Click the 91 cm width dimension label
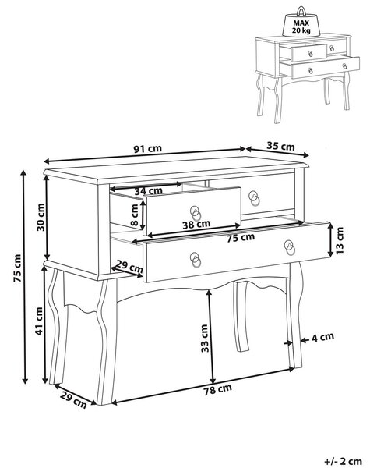tap(147, 148)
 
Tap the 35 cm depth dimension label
tap(280, 146)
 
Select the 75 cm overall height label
tap(17, 268)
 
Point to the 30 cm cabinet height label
tap(41, 217)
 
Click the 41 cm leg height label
tap(40, 321)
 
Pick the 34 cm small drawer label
tap(148, 191)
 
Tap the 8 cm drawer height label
tap(134, 215)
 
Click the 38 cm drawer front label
tap(196, 225)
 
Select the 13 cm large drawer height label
tap(340, 240)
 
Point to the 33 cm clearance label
tap(205, 339)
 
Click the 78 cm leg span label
tap(217, 390)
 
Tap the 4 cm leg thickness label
tap(322, 337)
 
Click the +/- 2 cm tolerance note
tap(343, 461)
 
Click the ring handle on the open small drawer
tap(196, 212)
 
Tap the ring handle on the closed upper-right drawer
tap(254, 198)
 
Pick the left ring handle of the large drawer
tap(196, 260)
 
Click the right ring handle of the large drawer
tap(290, 247)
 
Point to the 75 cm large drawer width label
tap(241, 238)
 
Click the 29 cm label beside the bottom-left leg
tap(73, 400)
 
